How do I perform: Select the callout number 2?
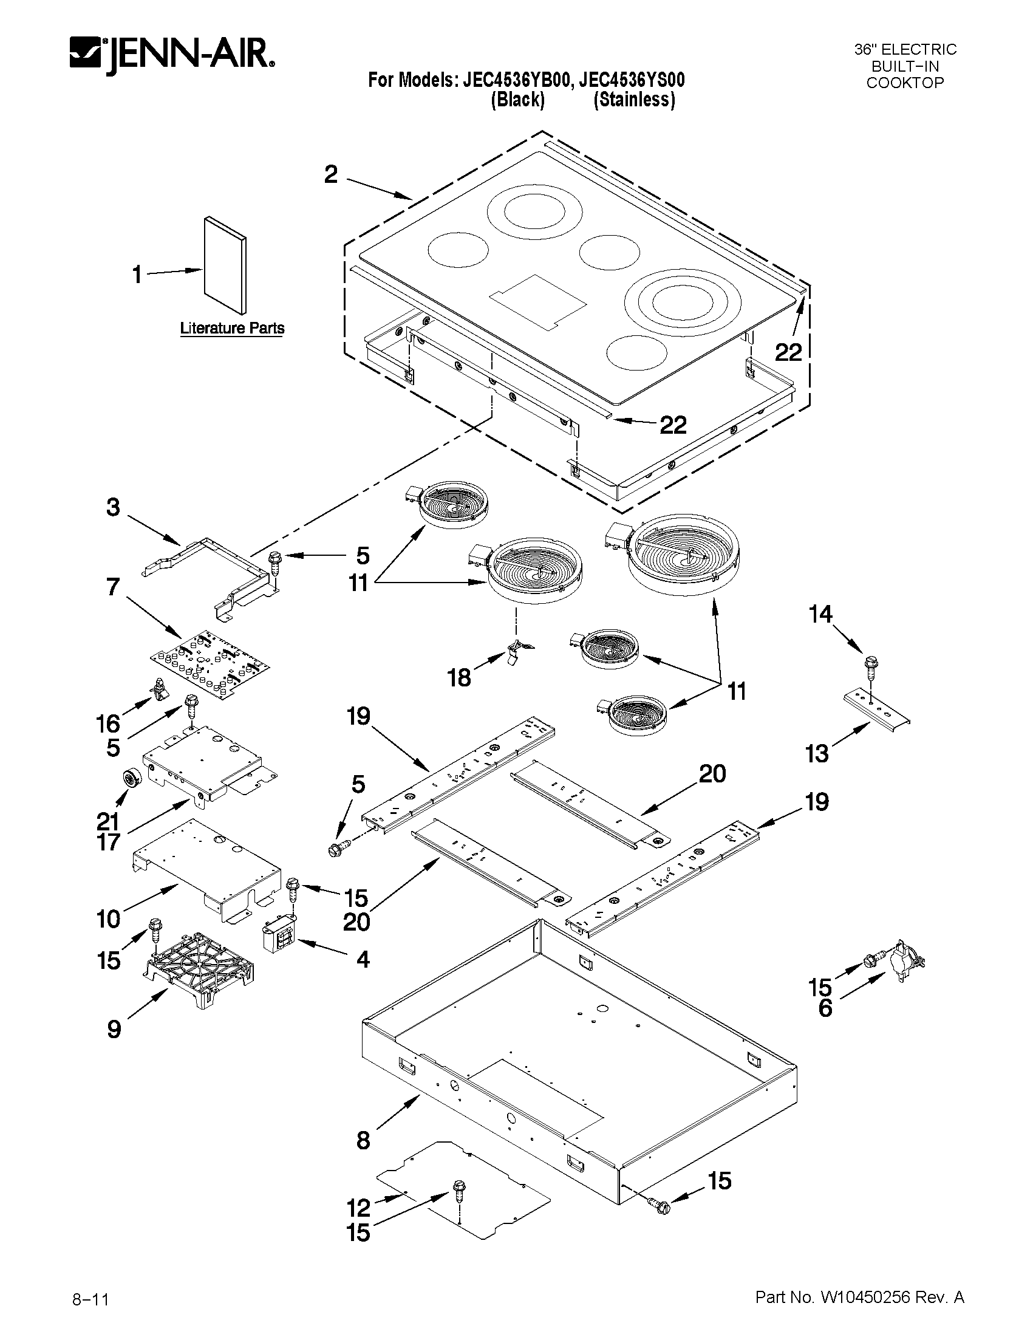pos(330,175)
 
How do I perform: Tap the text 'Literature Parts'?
pos(232,328)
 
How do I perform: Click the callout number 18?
pos(459,678)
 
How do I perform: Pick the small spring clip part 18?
pos(517,649)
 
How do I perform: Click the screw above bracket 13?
pos(870,665)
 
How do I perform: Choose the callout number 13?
pos(817,754)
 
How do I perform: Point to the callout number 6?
pos(825,1008)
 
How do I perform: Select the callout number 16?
pos(107,723)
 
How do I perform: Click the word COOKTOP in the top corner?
pos(904,83)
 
